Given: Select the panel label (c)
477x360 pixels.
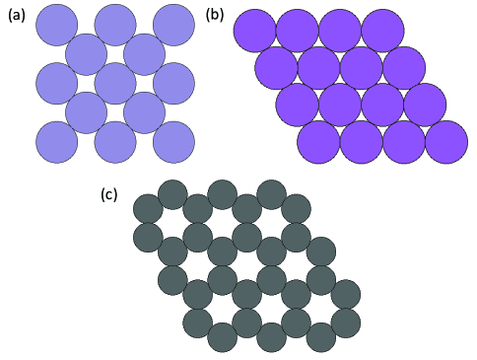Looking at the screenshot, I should [x=109, y=194].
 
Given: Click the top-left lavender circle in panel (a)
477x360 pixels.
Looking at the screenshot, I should [x=57, y=25].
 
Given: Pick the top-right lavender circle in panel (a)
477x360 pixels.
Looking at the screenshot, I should [x=173, y=25].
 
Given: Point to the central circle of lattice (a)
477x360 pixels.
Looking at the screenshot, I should [x=115, y=83].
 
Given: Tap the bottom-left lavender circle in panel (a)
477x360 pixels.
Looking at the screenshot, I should [x=57, y=142].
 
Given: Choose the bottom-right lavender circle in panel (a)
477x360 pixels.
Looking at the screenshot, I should [x=173, y=142].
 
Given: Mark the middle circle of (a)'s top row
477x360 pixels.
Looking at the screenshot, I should [x=115, y=25].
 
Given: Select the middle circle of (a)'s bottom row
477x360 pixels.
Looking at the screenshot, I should [x=115, y=142].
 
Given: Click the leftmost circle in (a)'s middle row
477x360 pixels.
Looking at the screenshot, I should [x=57, y=83].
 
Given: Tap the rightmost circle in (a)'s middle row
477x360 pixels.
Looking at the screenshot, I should [x=173, y=83].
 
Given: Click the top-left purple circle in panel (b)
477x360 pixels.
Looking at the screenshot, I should [x=254, y=31].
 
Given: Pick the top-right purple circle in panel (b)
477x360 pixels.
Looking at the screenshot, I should [x=382, y=31].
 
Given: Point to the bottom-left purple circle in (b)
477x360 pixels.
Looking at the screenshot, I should [x=318, y=142].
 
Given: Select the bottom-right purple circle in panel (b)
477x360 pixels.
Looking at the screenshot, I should [x=446, y=142].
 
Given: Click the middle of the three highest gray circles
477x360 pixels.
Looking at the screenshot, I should [x=222, y=194].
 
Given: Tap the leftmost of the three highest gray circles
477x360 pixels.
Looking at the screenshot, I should [x=172, y=194].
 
